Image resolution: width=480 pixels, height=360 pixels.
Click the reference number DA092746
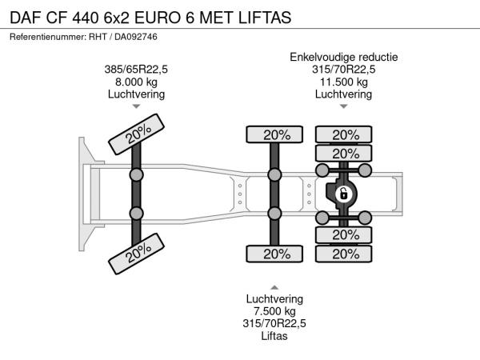pyautogui.click(x=136, y=37)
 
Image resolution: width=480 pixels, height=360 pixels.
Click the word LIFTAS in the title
pyautogui.click(x=265, y=18)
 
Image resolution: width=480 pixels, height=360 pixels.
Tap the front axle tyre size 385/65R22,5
pyautogui.click(x=136, y=70)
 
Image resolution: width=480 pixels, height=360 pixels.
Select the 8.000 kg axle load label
pyautogui.click(x=136, y=82)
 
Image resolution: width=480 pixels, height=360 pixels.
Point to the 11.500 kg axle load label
pyautogui.click(x=344, y=82)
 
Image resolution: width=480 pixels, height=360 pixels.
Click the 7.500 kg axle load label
pyautogui.click(x=274, y=311)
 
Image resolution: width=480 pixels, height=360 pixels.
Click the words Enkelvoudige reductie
pyautogui.click(x=344, y=58)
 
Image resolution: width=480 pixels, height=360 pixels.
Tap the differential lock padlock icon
pyautogui.click(x=344, y=194)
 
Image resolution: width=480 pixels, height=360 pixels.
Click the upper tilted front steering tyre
pyautogui.click(x=136, y=134)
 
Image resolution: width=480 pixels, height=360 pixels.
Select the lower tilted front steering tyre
pyautogui.click(x=136, y=254)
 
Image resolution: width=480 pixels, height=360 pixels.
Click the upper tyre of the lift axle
pyautogui.click(x=274, y=134)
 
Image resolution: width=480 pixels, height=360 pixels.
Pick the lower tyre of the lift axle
pyautogui.click(x=274, y=254)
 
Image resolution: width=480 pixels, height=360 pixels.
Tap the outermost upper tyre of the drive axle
pyautogui.click(x=344, y=134)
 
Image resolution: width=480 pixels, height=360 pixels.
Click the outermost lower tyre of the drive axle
pyautogui.click(x=344, y=254)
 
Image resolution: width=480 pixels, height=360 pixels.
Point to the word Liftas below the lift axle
pyautogui.click(x=274, y=336)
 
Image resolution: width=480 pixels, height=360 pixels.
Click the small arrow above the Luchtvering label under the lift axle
pyautogui.click(x=274, y=287)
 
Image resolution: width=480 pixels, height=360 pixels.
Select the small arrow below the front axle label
pyautogui.click(x=136, y=106)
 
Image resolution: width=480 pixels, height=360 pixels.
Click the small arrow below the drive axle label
pyautogui.click(x=344, y=106)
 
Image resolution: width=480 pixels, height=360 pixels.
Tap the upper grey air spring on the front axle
pyautogui.click(x=136, y=175)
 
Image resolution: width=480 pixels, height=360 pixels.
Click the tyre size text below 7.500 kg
pyautogui.click(x=274, y=323)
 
